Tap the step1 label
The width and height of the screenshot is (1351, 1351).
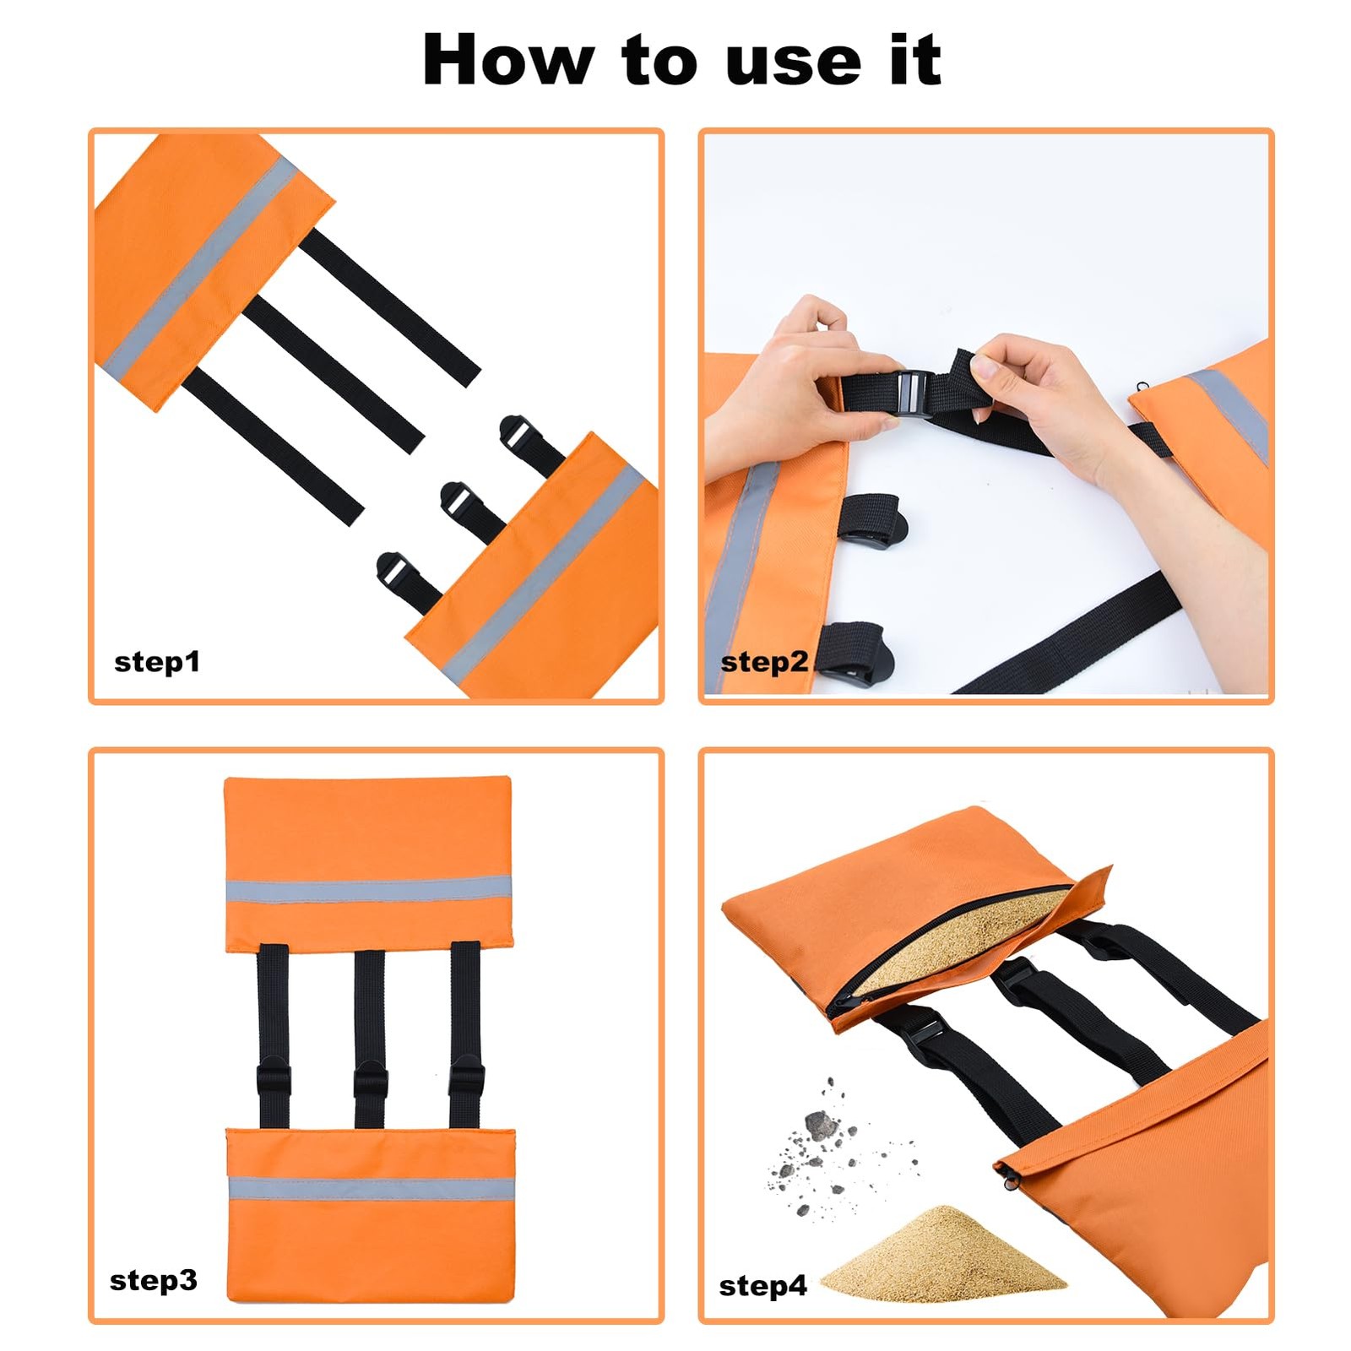157,661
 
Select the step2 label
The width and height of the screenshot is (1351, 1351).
764,661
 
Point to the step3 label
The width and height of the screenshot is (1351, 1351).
154,1280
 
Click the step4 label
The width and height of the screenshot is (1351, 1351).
762,1286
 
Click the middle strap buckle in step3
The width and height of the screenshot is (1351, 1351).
370,1082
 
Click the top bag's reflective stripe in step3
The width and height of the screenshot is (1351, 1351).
369,890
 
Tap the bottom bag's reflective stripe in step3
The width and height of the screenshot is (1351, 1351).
372,1188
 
